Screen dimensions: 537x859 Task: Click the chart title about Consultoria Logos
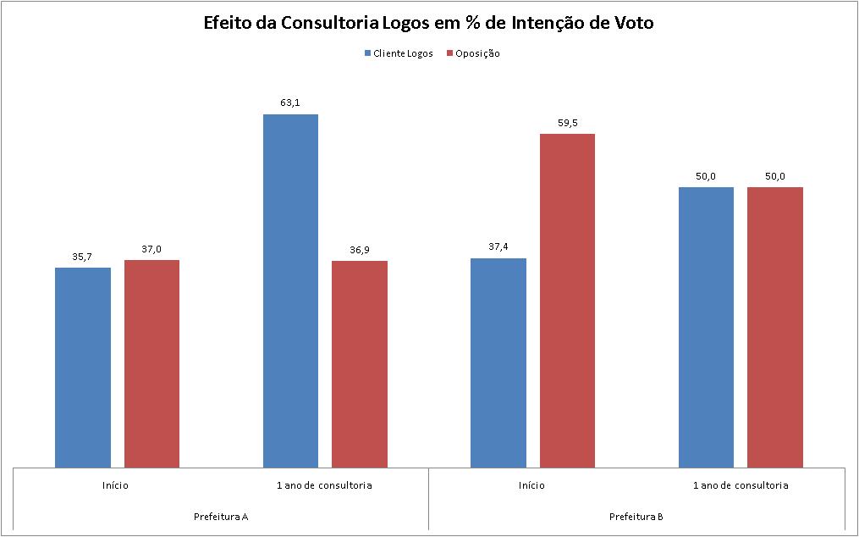pos(428,23)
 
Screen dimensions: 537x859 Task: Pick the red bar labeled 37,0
pos(151,363)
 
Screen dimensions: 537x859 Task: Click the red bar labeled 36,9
pos(360,363)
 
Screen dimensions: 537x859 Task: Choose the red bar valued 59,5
pos(567,300)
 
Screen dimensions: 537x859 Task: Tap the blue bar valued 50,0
pos(706,327)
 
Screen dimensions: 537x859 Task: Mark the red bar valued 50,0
pos(774,327)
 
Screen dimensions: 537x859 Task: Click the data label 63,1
pos(290,103)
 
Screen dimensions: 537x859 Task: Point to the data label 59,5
pos(567,123)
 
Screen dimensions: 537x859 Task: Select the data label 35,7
pos(83,257)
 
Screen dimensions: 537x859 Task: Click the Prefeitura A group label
pos(221,516)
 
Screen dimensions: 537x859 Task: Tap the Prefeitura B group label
pos(636,516)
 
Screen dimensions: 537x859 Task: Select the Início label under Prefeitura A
pos(117,485)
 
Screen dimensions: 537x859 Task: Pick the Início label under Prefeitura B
pos(532,485)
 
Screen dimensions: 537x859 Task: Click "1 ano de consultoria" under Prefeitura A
pos(324,485)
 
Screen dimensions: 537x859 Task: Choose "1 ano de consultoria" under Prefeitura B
pos(741,485)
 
